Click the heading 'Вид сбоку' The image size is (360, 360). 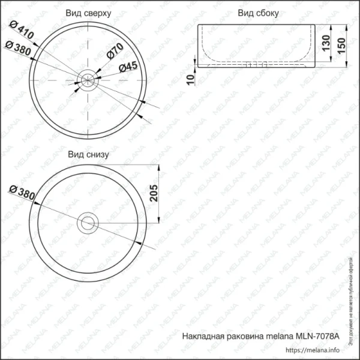[x=257, y=13]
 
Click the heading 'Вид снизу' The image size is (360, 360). [x=88, y=154]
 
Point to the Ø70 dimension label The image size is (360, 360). [x=115, y=52]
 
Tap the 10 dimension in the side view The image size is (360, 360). [x=190, y=79]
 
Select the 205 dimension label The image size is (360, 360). [x=153, y=194]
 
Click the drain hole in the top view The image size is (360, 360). [x=88, y=77]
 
